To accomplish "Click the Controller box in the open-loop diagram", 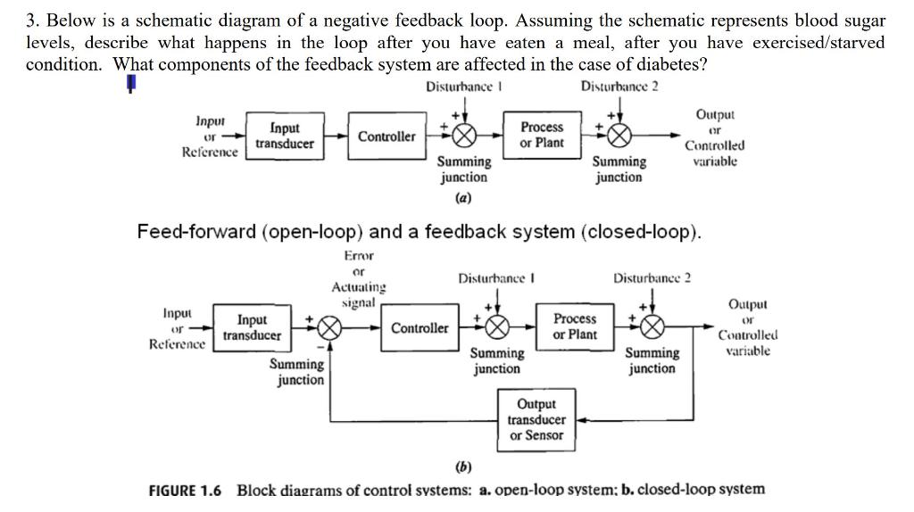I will point(386,136).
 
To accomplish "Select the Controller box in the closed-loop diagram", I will point(420,327).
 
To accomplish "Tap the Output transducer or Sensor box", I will point(536,419).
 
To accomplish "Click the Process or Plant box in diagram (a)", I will point(542,136).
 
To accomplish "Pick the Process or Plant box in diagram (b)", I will point(575,326).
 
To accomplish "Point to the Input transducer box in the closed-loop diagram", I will point(252,327).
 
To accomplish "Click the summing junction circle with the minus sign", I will point(328,328).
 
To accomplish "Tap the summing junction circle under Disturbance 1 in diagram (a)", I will point(463,136).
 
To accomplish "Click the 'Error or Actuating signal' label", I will point(359,279).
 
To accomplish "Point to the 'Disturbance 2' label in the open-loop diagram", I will point(619,86).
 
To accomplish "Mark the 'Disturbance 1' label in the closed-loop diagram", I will point(496,277).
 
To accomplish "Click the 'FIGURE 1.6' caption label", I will point(185,490).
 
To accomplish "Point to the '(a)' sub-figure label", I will point(463,197).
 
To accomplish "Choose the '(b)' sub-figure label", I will point(463,467).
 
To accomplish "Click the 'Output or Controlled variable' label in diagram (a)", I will point(714,137).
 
